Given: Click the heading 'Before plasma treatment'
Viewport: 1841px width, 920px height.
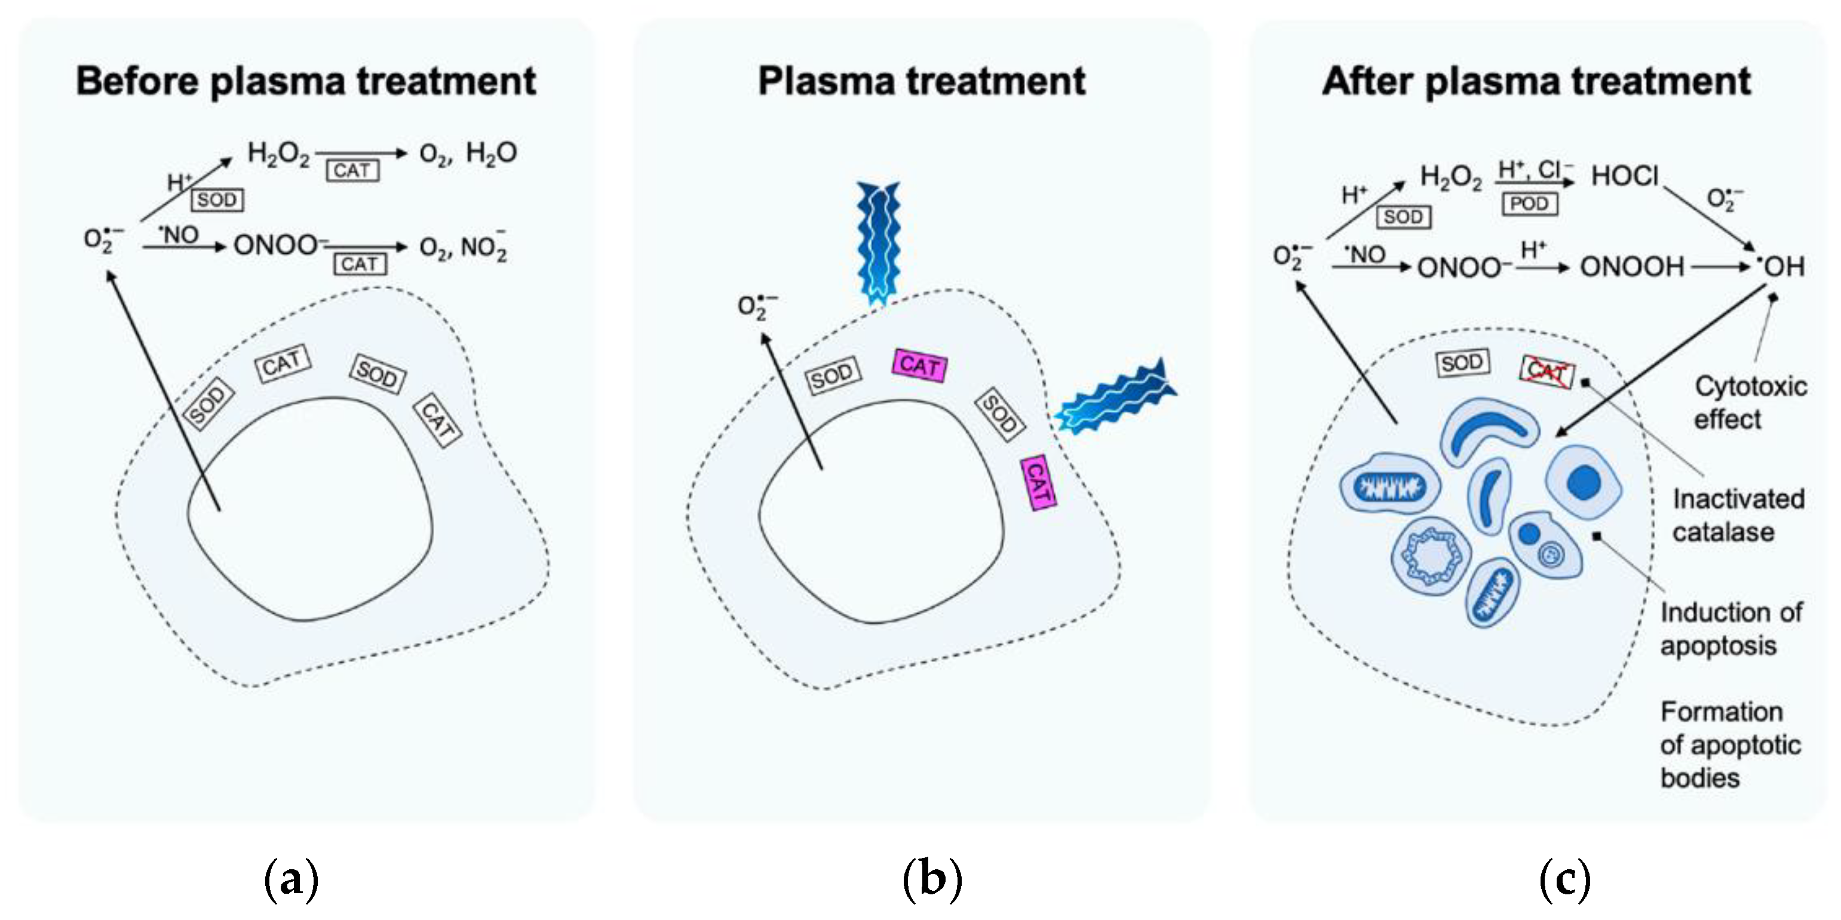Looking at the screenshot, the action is pos(306,81).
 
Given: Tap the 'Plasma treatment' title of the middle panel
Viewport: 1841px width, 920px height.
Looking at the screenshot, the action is pos(921,81).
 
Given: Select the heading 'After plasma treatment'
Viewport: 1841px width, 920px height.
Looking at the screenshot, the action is pos(1536,81).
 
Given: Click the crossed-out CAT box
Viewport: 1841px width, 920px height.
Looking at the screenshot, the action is pos(1547,371).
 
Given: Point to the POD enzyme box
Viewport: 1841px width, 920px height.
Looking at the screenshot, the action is pos(1529,204).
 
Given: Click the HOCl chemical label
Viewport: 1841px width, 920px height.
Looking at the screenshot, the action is pos(1624,176).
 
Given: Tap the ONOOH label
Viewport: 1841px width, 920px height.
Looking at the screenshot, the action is pos(1631,267).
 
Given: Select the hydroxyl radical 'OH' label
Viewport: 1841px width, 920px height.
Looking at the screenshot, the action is pos(1781,266).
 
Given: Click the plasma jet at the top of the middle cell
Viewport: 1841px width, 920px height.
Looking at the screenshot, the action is pos(879,243).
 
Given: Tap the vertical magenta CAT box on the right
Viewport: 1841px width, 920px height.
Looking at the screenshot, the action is pos(1038,483).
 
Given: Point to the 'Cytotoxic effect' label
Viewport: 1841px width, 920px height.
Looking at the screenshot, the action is pos(1750,402).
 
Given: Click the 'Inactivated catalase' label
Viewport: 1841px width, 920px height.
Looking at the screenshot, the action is pos(1738,515).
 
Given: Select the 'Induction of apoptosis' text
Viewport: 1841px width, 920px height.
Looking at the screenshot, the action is pos(1731,629).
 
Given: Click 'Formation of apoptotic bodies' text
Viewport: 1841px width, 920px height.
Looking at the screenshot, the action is pos(1730,744).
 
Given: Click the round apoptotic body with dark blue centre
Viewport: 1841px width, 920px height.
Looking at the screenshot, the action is pos(1584,483).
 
